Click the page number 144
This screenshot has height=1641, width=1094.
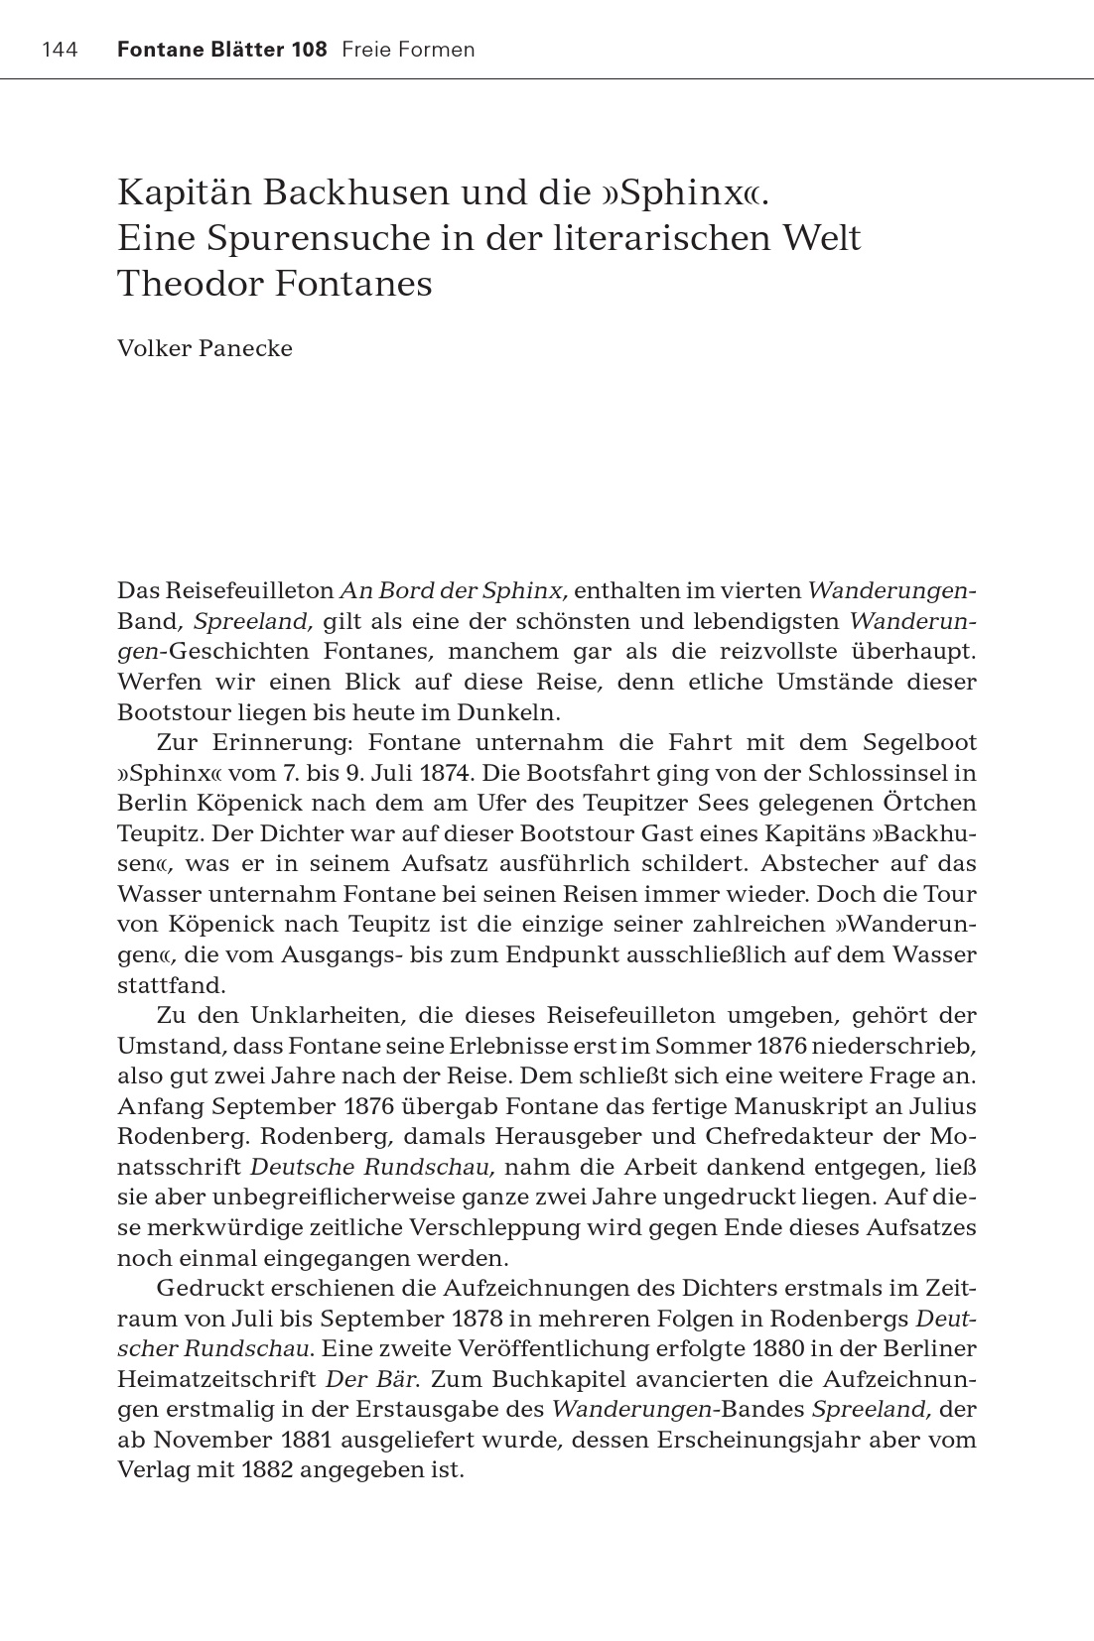pyautogui.click(x=60, y=50)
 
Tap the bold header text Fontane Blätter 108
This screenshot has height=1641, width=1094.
pyautogui.click(x=221, y=50)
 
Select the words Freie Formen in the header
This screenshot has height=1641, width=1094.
pyautogui.click(x=408, y=50)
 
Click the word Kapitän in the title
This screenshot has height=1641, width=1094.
pyautogui.click(x=185, y=191)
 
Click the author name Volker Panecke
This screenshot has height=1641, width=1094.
pyautogui.click(x=205, y=349)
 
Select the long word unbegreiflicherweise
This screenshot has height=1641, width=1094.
pyautogui.click(x=327, y=1198)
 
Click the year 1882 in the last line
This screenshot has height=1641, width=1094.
pyautogui.click(x=267, y=1469)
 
